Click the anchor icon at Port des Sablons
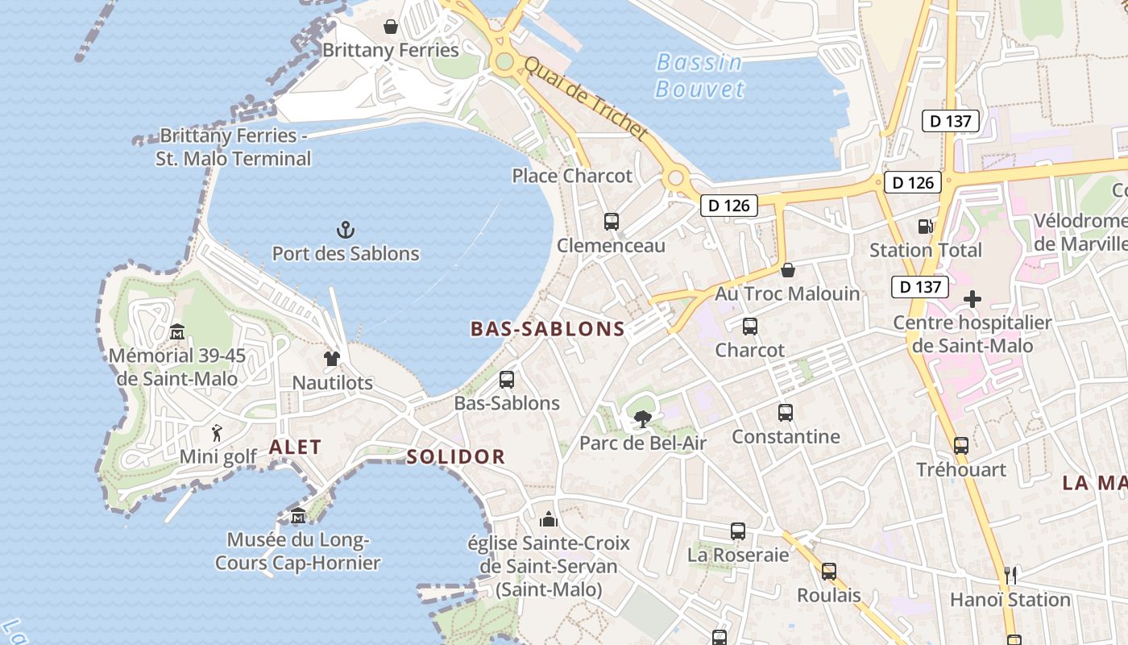(345, 231)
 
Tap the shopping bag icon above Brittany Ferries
(391, 27)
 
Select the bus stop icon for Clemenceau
(611, 222)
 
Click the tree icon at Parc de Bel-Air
(642, 419)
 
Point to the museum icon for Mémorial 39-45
(177, 331)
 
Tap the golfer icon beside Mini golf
(217, 434)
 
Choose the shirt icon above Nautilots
(332, 359)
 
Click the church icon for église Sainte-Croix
(549, 518)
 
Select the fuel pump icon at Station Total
(925, 227)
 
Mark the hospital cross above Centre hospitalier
(972, 299)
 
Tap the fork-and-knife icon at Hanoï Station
(1010, 576)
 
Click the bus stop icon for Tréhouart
(960, 446)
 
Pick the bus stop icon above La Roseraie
(738, 531)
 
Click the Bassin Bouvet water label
(699, 75)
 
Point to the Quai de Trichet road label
(586, 99)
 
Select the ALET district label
(295, 447)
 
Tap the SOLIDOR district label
(455, 457)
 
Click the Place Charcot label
(572, 176)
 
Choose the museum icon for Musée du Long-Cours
(298, 516)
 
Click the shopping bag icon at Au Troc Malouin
(787, 270)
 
